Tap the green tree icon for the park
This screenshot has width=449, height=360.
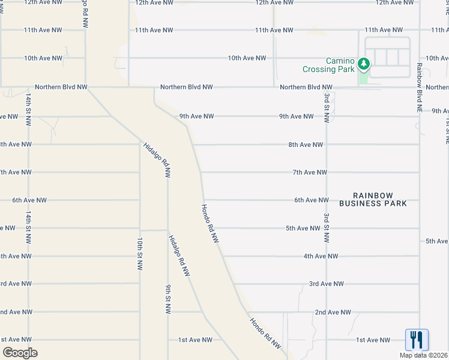363,63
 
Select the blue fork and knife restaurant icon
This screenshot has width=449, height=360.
417,340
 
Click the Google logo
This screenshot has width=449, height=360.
20,353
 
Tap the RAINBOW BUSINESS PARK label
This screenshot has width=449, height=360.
373,200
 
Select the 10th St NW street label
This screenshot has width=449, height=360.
139,254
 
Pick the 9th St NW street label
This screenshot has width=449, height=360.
167,299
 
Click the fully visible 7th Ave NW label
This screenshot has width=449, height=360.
310,172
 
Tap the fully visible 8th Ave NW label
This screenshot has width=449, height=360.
306,145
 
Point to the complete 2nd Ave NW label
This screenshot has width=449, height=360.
333,312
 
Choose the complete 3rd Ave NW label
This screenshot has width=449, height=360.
326,284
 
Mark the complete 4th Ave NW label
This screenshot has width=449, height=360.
321,256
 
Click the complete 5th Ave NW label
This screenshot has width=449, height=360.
303,228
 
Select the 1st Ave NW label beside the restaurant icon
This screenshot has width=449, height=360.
373,340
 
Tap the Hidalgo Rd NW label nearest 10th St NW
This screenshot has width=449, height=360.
179,256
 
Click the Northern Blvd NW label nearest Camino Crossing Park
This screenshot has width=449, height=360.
306,87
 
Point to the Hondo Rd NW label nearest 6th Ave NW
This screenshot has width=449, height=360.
209,223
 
